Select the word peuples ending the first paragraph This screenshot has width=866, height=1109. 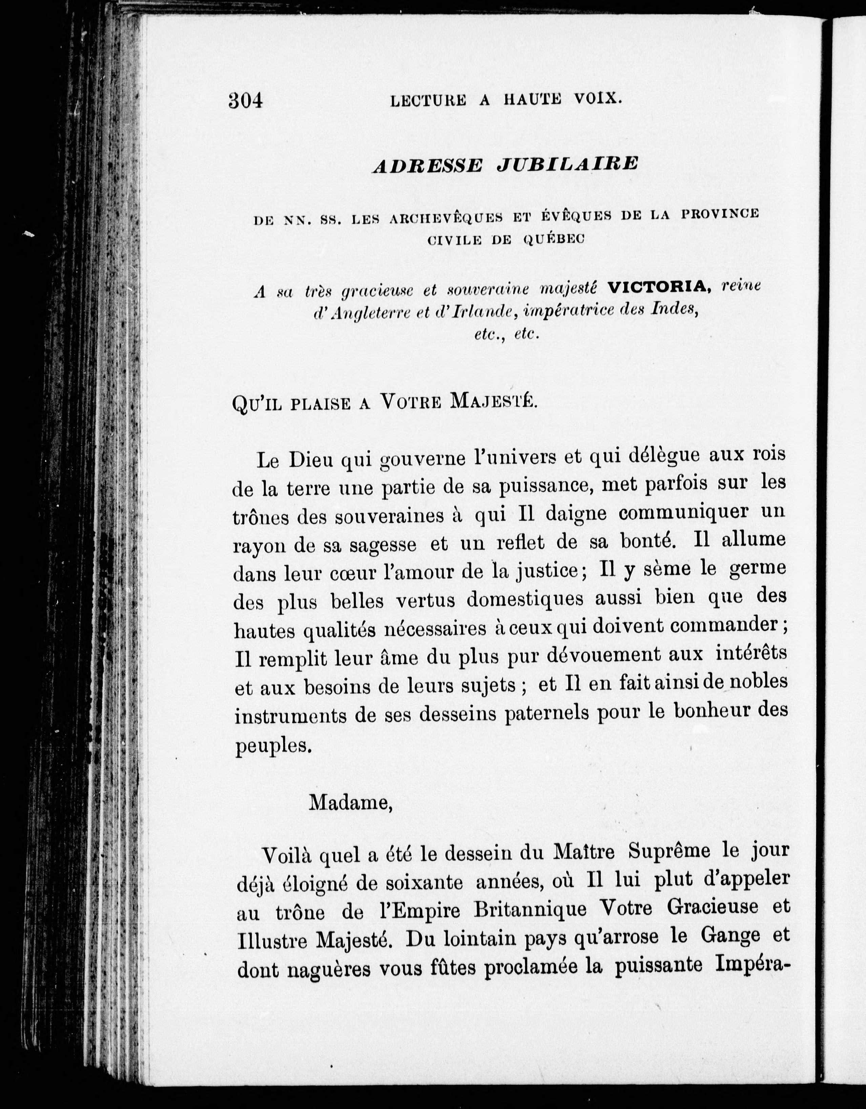pos(272,746)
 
